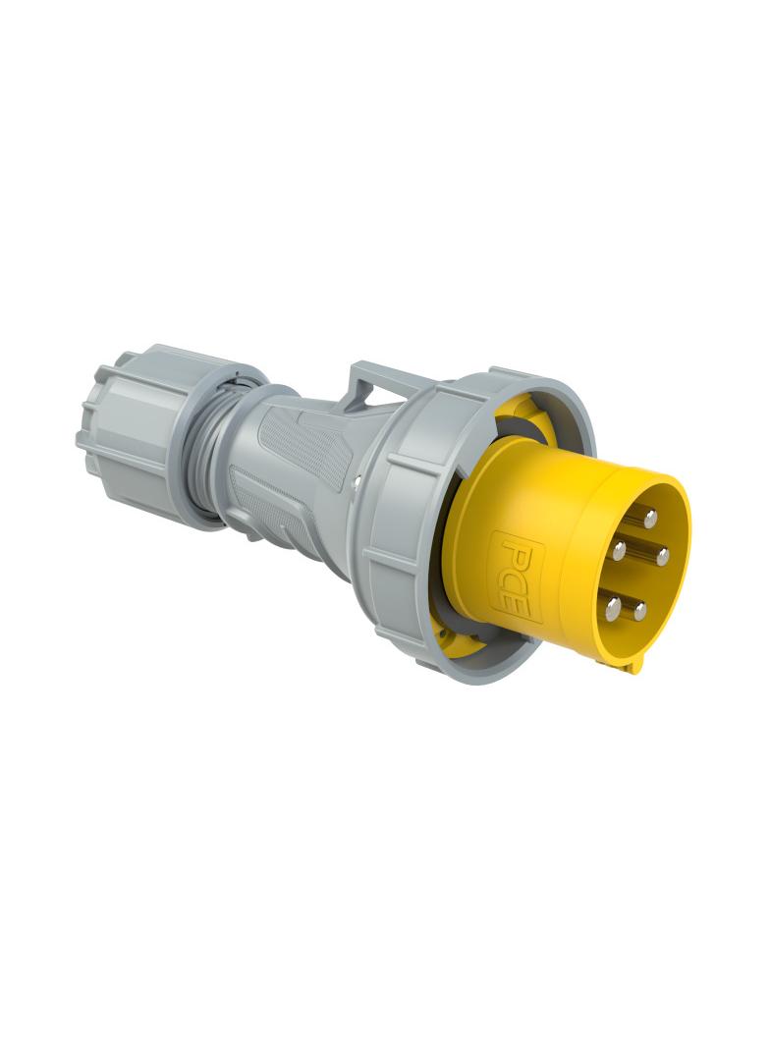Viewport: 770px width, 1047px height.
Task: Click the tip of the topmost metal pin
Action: pos(649,514)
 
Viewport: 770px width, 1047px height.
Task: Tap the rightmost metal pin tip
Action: pos(663,557)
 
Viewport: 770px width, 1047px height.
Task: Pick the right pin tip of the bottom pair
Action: pos(639,612)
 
